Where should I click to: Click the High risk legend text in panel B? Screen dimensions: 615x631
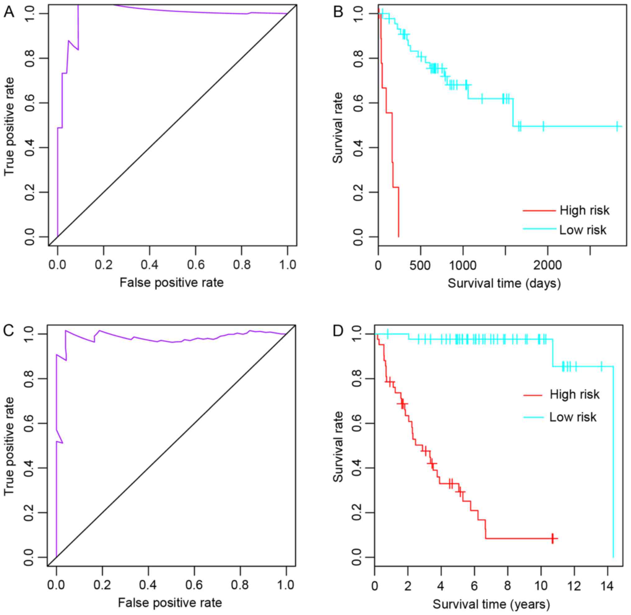[x=584, y=211]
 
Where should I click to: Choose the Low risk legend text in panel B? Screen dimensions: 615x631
[x=583, y=230]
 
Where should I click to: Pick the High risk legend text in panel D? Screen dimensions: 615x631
[x=574, y=395]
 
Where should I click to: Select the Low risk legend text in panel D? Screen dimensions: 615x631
[x=573, y=417]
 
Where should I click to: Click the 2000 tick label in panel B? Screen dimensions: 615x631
[x=547, y=266]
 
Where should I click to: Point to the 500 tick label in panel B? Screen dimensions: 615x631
[x=420, y=266]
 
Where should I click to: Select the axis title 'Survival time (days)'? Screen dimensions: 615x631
[x=504, y=284]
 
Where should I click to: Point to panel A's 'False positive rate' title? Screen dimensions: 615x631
[x=171, y=283]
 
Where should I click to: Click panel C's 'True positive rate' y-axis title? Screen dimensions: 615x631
[x=10, y=446]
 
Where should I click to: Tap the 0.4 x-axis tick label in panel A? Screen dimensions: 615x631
[x=149, y=266]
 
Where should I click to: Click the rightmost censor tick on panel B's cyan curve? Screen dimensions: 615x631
[x=617, y=126]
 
